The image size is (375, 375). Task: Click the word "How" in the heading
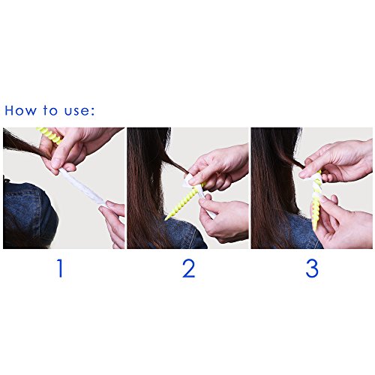coord(20,110)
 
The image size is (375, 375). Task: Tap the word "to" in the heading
coord(50,110)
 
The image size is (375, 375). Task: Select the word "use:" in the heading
coord(79,111)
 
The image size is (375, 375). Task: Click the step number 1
coord(60,268)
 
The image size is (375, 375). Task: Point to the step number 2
coord(188,268)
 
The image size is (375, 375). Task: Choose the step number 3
coord(312,268)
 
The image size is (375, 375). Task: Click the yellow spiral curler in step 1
coord(50,135)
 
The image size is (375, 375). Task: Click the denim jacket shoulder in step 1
coord(28,215)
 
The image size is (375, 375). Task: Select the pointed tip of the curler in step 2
coord(166,219)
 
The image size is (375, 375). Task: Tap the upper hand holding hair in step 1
coord(75,148)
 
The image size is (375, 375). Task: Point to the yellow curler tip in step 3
coord(315,229)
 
